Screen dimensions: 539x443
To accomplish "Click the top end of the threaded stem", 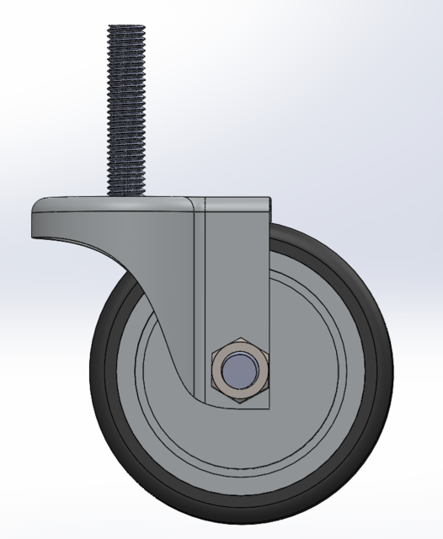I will (x=126, y=26).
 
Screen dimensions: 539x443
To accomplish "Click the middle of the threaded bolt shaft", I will (x=126, y=109).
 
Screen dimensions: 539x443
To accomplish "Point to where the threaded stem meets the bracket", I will (x=126, y=196).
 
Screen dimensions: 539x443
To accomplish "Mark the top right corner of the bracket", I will (x=270, y=200).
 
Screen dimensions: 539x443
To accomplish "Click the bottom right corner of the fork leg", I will (x=269, y=408).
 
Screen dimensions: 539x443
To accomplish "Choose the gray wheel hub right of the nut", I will (x=312, y=371).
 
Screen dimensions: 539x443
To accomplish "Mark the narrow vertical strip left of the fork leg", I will (x=198, y=295).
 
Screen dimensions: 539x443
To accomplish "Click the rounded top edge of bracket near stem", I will (x=168, y=200).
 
